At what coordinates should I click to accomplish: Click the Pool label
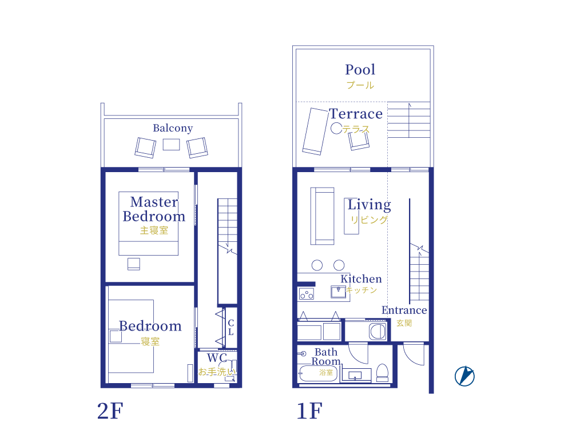(x=360, y=70)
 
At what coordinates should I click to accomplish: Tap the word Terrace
(x=356, y=114)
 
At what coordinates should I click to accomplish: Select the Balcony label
(x=173, y=128)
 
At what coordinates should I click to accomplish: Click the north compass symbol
(x=464, y=376)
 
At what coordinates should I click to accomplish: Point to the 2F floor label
(x=110, y=411)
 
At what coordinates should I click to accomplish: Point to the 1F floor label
(x=309, y=411)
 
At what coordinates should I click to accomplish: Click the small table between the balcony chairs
(x=171, y=145)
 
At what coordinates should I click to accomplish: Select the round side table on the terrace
(x=336, y=128)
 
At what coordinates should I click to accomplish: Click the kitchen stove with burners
(x=307, y=293)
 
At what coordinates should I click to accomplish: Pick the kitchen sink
(x=338, y=292)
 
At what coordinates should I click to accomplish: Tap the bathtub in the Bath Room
(x=317, y=373)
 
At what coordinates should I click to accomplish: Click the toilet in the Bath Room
(x=382, y=373)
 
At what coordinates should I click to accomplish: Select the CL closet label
(x=231, y=328)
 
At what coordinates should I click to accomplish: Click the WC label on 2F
(x=217, y=358)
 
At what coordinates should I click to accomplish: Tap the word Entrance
(x=404, y=310)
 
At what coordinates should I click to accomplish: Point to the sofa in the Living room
(x=322, y=216)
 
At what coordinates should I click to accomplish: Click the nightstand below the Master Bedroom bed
(x=133, y=264)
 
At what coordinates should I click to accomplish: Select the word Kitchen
(x=361, y=279)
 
